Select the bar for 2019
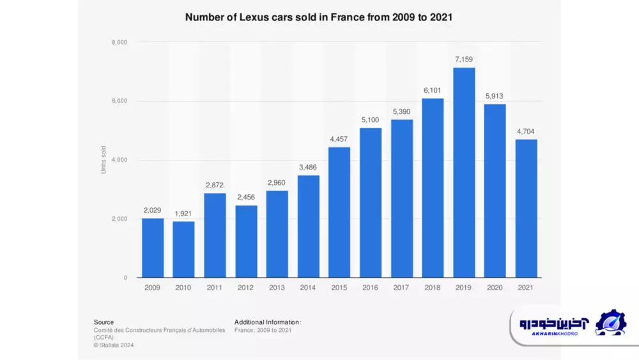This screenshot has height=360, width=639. [x=464, y=173]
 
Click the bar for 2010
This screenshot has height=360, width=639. [x=183, y=249]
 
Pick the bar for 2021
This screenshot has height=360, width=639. [x=527, y=208]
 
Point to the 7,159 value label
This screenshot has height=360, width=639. [x=464, y=59]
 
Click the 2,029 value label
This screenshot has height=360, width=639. [x=152, y=210]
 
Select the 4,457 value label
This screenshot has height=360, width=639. [x=339, y=139]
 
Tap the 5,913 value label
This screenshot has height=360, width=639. [x=495, y=96]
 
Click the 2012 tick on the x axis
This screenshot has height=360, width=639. [x=245, y=288]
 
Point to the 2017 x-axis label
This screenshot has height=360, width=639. [x=402, y=288]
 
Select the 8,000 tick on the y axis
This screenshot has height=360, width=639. [x=119, y=43]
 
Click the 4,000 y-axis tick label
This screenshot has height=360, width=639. [x=119, y=160]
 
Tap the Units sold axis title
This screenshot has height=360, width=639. [x=104, y=160]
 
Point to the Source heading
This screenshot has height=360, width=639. [x=104, y=322]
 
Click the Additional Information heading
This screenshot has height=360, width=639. [x=267, y=322]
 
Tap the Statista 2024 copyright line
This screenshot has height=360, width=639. [x=114, y=345]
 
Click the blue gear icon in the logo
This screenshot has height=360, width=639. [x=610, y=323]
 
